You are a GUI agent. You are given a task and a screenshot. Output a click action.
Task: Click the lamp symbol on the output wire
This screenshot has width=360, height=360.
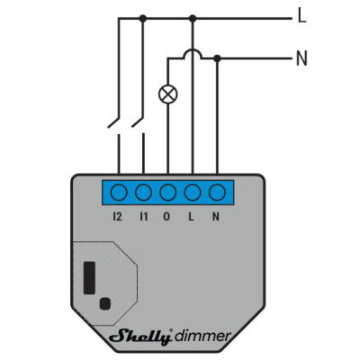tap(168, 94)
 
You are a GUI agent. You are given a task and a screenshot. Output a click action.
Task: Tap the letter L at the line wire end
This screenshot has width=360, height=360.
tap(301, 15)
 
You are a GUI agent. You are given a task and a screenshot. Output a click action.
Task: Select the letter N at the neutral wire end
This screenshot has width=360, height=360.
tap(301, 58)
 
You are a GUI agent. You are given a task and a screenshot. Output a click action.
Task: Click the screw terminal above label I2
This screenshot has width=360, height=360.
tap(119, 193)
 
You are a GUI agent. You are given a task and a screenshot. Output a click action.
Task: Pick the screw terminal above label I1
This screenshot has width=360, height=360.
tap(143, 193)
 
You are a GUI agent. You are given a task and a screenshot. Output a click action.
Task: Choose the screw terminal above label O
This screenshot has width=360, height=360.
tap(168, 193)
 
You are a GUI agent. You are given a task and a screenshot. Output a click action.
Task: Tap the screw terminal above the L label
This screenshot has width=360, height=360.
tap(193, 193)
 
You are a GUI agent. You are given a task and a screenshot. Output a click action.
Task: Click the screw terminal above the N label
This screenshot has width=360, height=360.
tap(217, 193)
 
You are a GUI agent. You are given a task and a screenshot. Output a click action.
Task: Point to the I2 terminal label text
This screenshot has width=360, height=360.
tap(118, 216)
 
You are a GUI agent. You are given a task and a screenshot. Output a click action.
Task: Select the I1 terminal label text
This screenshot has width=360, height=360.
tap(144, 216)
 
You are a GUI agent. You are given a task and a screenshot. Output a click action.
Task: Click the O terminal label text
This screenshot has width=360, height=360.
tap(166, 216)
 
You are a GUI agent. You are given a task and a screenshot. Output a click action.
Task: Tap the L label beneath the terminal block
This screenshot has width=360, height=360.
tap(191, 216)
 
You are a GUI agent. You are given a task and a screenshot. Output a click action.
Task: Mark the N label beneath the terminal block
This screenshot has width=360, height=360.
tap(216, 216)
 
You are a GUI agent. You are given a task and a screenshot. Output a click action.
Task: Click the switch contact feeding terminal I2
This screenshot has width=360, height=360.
tap(113, 122)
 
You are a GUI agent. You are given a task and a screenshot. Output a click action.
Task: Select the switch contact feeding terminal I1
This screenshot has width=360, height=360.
tap(138, 122)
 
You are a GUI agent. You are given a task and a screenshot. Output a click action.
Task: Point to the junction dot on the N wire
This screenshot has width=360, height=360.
tap(217, 58)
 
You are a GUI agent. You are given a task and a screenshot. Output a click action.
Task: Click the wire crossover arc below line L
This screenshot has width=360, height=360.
tap(193, 50)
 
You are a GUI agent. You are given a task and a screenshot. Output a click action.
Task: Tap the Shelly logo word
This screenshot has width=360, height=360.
tap(141, 337)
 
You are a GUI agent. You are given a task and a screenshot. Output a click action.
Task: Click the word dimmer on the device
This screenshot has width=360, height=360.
tap(203, 336)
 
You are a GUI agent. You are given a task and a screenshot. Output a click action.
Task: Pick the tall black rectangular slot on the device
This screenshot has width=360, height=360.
tap(89, 278)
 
